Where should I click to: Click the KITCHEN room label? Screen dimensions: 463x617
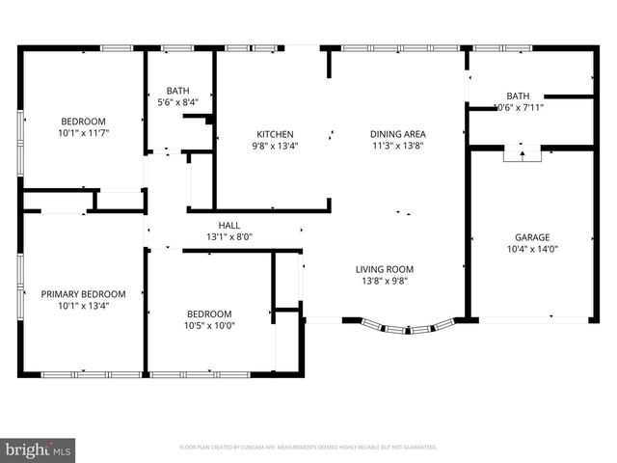pos(275,134)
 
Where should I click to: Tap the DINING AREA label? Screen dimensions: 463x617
pos(398,134)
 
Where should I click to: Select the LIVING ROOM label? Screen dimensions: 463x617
pos(385,269)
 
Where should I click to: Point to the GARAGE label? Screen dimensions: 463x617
pos(531,236)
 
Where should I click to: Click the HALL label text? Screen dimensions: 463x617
pos(228,225)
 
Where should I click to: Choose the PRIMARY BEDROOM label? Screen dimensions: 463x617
pos(83,294)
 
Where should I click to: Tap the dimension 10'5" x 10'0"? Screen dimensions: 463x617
pos(209,325)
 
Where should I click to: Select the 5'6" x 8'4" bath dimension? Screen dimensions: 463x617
pos(178,100)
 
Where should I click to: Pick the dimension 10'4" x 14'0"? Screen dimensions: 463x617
pos(531,248)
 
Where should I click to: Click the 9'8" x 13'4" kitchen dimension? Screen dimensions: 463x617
pos(275,146)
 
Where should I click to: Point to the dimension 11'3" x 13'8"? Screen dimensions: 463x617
pos(398,146)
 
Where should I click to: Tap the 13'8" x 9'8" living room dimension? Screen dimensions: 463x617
pos(385,281)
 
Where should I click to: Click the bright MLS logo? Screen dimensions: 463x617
pos(39,449)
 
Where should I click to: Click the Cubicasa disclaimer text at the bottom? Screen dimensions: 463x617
pos(308,448)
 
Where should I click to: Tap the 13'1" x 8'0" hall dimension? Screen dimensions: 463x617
pos(228,236)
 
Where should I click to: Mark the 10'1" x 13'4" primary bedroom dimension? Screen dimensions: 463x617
pos(83,306)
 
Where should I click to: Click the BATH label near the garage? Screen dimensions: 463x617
pos(518,95)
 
